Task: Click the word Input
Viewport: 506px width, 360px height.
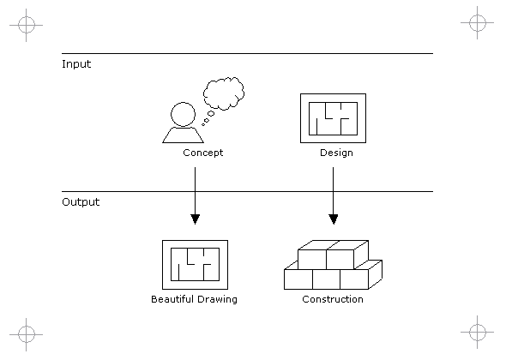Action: point(76,64)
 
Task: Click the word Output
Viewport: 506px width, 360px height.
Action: point(81,202)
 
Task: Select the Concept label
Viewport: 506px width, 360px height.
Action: point(203,153)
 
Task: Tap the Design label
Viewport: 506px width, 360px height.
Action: point(336,153)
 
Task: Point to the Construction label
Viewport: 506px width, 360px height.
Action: point(333,299)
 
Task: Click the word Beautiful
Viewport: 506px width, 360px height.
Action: point(172,299)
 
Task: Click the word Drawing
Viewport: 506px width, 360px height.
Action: point(217,299)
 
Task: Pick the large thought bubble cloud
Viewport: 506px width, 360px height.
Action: point(224,93)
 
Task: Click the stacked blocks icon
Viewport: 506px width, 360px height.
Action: point(333,265)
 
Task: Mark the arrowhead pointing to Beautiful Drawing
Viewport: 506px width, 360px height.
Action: point(195,219)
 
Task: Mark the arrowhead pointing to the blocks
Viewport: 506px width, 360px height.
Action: point(334,219)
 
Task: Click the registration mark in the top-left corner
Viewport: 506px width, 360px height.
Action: point(26,25)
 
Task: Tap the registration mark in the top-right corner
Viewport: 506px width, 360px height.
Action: point(478,23)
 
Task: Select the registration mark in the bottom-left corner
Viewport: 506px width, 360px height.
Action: point(26,334)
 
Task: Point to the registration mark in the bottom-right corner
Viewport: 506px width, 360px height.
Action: point(478,332)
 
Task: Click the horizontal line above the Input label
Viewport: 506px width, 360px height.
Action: point(247,53)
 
